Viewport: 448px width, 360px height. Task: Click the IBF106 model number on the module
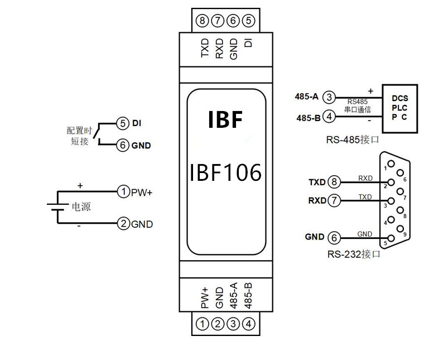[226, 173]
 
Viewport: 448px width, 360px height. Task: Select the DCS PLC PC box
[399, 108]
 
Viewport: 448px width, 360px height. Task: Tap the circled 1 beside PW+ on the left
[123, 192]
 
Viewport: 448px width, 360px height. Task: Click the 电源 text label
[81, 207]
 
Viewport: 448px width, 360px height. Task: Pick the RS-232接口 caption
[354, 254]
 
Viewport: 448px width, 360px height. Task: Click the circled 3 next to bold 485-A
[330, 97]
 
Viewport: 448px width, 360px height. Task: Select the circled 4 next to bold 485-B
[330, 117]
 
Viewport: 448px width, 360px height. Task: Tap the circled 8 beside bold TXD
[334, 182]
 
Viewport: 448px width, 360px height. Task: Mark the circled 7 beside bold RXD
[334, 200]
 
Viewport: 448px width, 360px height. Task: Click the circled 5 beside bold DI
[123, 123]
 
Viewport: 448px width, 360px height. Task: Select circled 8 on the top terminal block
[203, 21]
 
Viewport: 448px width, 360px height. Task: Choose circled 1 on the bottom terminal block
[203, 324]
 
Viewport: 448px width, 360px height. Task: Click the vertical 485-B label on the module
[248, 296]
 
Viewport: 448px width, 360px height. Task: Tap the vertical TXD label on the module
[205, 48]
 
